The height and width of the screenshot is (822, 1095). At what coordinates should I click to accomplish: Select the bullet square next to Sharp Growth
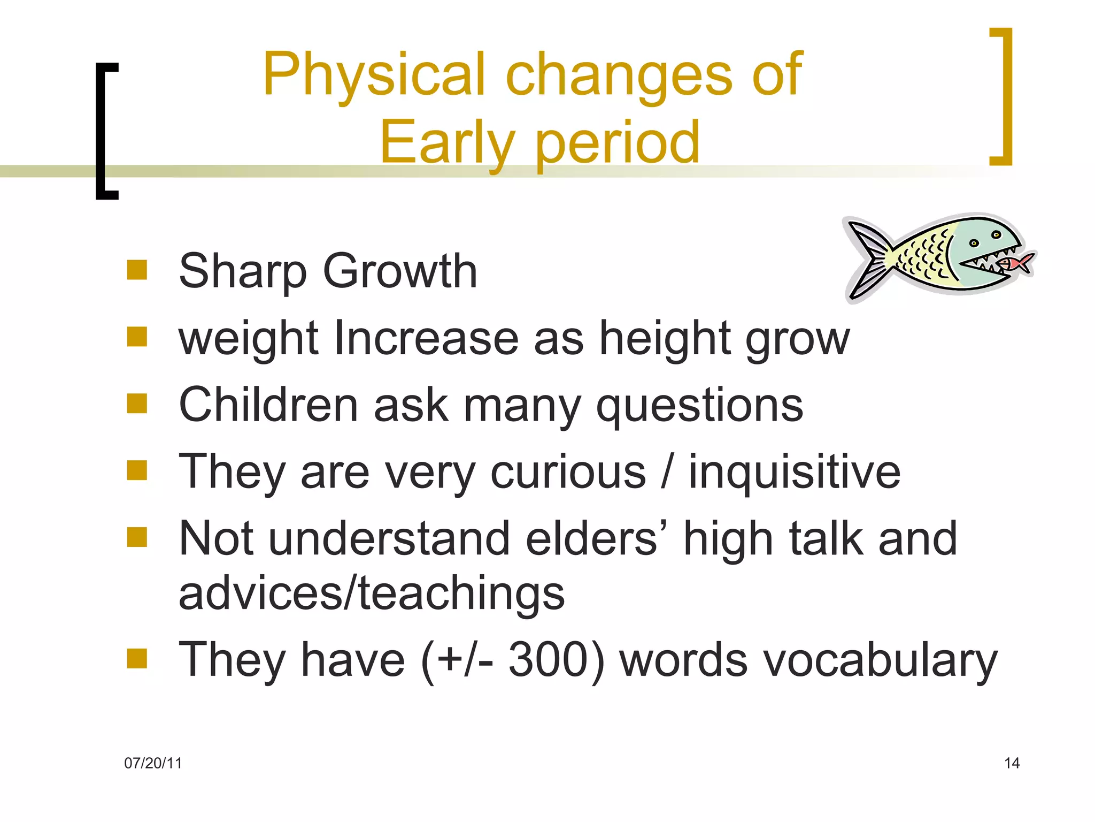point(137,270)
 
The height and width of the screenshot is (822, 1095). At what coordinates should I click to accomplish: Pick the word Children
point(268,406)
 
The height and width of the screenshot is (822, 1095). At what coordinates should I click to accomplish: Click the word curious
point(568,473)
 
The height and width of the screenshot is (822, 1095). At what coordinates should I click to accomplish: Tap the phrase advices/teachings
point(372,594)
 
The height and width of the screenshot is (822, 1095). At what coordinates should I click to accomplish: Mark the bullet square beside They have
point(137,659)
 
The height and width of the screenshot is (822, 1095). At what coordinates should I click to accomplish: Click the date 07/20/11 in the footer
point(153,763)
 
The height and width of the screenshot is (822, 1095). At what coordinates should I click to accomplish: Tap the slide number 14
point(1012,763)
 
